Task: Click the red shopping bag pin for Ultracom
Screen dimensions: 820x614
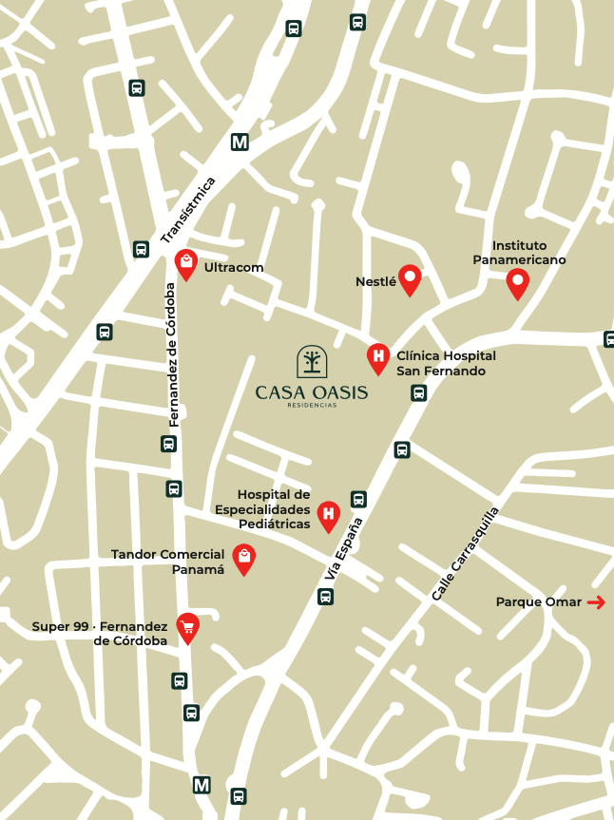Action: (187, 260)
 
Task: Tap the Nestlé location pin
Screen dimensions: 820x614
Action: (410, 278)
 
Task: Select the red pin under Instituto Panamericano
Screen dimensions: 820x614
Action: (517, 281)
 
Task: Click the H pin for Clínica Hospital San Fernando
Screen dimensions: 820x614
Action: (378, 357)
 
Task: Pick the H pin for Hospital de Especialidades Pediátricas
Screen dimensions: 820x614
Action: (328, 515)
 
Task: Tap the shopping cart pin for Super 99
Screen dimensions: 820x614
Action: (188, 626)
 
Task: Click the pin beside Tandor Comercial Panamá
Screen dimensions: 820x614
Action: (244, 559)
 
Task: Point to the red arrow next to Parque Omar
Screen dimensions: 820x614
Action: (596, 602)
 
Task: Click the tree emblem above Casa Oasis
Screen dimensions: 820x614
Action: (312, 362)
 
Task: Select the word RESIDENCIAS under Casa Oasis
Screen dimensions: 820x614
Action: (312, 405)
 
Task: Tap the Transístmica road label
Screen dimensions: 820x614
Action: (188, 209)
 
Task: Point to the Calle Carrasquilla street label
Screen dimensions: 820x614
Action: (465, 553)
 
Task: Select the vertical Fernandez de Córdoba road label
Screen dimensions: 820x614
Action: (172, 353)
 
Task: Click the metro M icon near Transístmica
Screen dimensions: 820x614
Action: (240, 143)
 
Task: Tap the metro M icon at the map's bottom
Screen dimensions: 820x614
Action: (201, 785)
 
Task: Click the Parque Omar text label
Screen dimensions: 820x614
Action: (538, 602)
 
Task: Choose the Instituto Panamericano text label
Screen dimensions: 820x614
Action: (519, 253)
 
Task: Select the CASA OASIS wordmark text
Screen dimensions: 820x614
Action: (312, 391)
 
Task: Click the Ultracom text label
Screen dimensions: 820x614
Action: (234, 268)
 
